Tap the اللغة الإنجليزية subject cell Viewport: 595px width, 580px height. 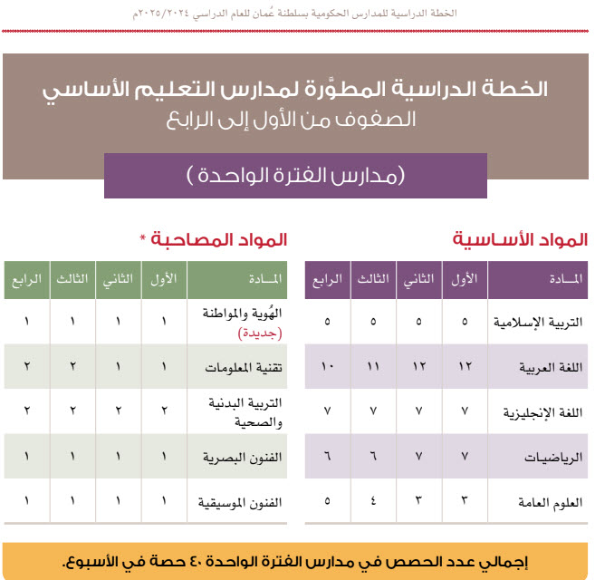click(x=539, y=411)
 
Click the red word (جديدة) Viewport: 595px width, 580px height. click(x=261, y=333)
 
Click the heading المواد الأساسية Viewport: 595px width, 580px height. click(x=521, y=240)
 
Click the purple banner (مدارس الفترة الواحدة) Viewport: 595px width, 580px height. click(x=295, y=176)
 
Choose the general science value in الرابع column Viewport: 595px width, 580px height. click(x=328, y=500)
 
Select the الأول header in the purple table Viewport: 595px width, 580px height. click(x=465, y=279)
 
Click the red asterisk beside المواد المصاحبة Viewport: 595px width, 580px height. click(x=143, y=239)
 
